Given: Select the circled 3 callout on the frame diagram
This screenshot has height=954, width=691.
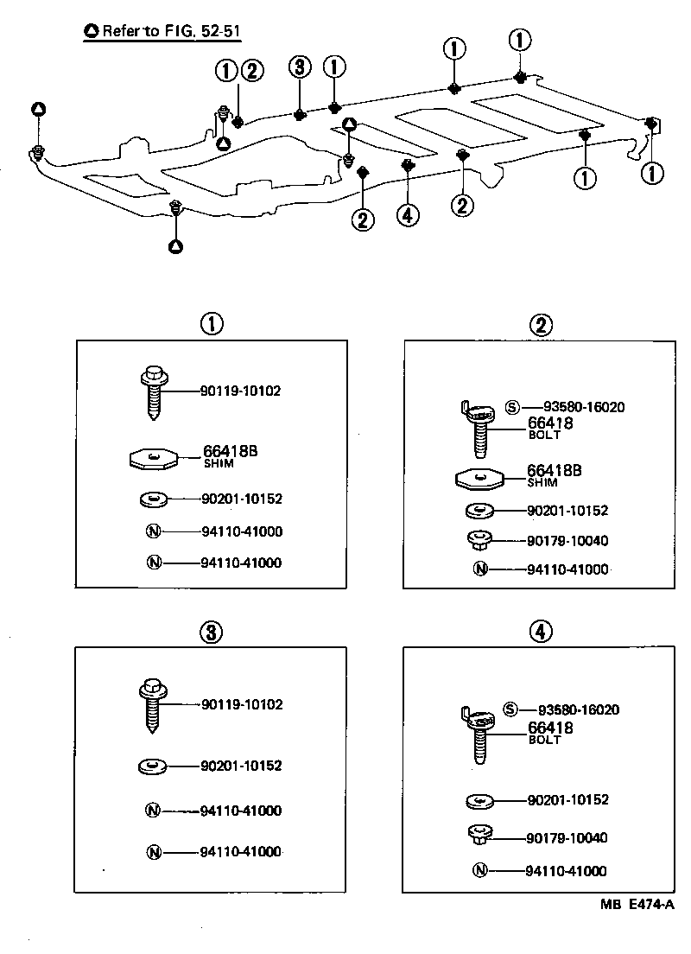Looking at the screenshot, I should [298, 68].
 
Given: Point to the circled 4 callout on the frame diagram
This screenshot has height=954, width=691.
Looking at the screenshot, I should [408, 214].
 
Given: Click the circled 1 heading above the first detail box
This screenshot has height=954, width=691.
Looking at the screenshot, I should [212, 324].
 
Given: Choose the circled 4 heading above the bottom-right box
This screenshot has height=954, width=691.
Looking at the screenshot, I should [539, 632].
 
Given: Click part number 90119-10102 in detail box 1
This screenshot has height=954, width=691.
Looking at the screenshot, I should [240, 391].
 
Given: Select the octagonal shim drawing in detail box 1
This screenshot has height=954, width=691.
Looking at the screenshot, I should [152, 458].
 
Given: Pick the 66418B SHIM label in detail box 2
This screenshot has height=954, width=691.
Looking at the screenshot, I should [554, 474].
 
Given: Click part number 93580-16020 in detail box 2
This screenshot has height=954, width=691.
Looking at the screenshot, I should [584, 407].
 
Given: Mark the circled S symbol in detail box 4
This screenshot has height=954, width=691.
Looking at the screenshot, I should [510, 709].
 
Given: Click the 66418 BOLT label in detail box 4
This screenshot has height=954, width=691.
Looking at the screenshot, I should [550, 733].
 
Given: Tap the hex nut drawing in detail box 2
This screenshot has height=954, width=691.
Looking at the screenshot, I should [479, 541].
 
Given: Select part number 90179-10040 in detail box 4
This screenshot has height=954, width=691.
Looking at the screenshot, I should [567, 837].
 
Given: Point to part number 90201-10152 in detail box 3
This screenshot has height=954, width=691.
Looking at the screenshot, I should [240, 766].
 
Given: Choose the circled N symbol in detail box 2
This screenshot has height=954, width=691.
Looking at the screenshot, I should [480, 569].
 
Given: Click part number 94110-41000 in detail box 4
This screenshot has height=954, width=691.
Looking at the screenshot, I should [565, 871].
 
